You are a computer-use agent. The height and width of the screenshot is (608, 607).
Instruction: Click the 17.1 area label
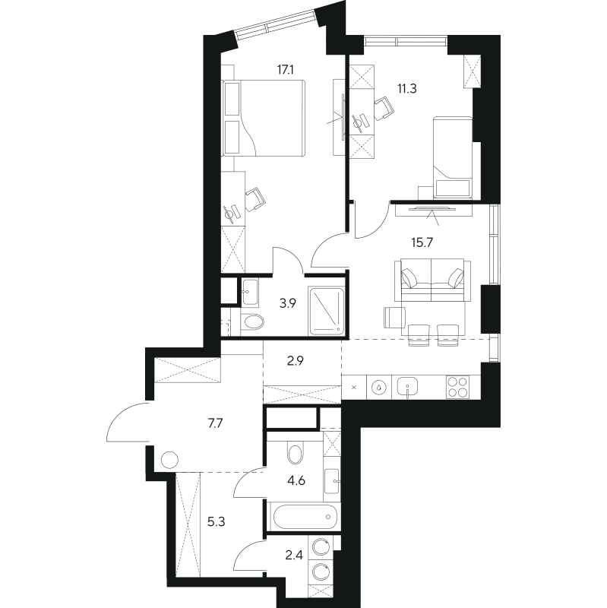click(286, 68)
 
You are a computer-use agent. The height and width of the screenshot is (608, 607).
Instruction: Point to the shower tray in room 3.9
click(327, 310)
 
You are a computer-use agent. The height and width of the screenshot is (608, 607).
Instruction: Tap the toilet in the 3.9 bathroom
click(251, 322)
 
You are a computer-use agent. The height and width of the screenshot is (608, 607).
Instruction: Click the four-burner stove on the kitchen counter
click(458, 388)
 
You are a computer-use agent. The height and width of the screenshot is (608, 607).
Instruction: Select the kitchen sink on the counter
click(408, 388)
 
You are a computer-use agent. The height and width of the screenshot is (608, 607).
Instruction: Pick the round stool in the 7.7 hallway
click(169, 460)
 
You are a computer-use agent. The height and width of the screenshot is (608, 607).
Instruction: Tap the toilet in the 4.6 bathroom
click(296, 454)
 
